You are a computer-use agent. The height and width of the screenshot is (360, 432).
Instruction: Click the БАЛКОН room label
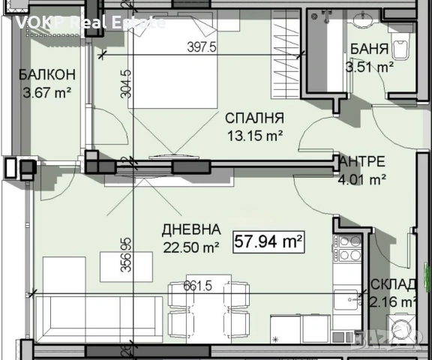[47, 74]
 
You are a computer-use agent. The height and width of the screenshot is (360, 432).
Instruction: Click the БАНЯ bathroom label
[368, 50]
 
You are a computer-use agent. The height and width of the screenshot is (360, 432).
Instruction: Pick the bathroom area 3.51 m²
[369, 67]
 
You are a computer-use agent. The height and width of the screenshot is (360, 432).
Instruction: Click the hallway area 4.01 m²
[362, 179]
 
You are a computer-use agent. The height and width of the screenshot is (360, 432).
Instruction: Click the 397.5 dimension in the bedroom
[201, 46]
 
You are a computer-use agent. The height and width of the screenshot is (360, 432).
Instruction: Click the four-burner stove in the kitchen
[349, 248]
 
